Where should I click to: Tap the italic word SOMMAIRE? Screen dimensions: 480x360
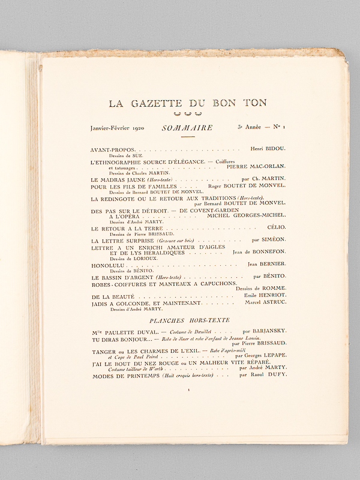187,128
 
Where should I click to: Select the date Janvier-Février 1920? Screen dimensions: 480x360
117,128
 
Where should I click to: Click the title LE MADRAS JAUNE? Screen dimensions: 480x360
116,179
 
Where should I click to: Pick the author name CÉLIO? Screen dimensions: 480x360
276,227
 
